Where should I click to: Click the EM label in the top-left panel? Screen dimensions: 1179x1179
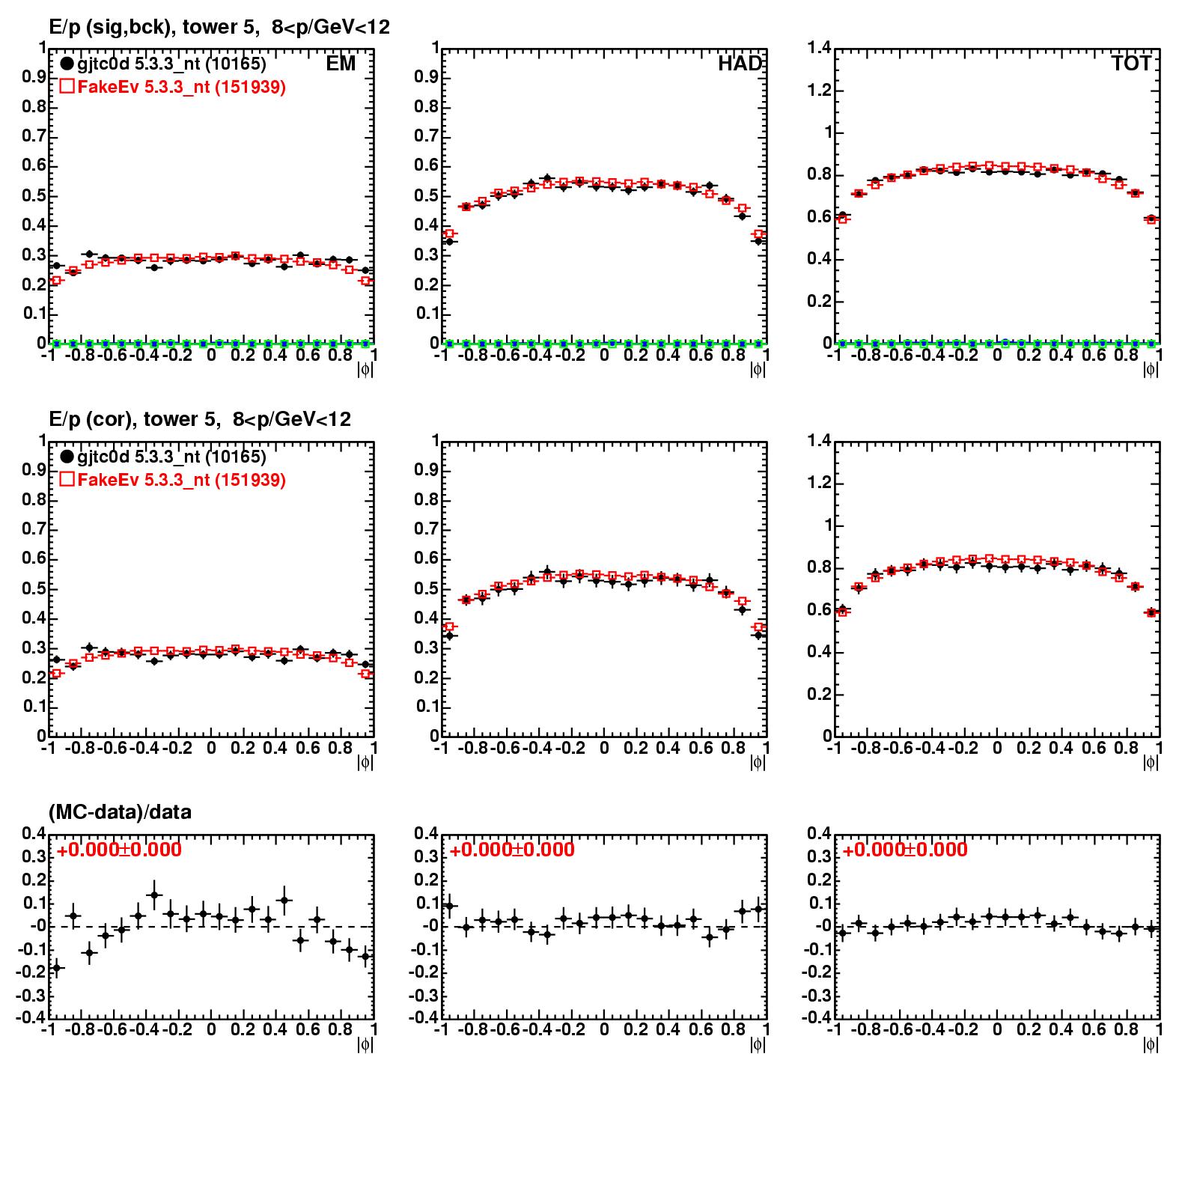coord(341,64)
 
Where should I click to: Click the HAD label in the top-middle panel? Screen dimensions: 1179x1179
coord(740,64)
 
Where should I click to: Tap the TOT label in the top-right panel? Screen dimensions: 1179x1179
coord(1131,64)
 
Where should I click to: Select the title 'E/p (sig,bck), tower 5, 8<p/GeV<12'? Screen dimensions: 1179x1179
coord(219,27)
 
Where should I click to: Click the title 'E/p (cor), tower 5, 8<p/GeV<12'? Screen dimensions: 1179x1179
coord(200,419)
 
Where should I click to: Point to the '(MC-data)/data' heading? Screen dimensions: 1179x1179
coord(120,812)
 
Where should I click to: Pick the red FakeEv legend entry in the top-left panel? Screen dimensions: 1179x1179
coord(173,87)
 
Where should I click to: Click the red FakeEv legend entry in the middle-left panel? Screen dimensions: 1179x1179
coord(173,480)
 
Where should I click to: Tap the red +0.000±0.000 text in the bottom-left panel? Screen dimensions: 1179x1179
coord(119,850)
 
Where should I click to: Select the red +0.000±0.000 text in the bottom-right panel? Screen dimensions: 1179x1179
coord(905,850)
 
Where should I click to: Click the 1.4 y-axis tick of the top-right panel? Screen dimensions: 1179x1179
coord(819,49)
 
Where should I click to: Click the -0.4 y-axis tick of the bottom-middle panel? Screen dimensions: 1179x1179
coord(424,1018)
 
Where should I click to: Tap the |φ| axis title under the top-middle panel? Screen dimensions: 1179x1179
coord(758,369)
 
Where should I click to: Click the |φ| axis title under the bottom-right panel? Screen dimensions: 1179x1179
coord(1151,1044)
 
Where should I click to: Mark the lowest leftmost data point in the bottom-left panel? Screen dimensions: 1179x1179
coord(57,968)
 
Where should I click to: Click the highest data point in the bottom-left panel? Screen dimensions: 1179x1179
coord(155,895)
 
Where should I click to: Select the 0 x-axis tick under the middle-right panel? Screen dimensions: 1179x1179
coord(996,748)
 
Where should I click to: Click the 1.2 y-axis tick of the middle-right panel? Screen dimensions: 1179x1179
coord(819,483)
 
